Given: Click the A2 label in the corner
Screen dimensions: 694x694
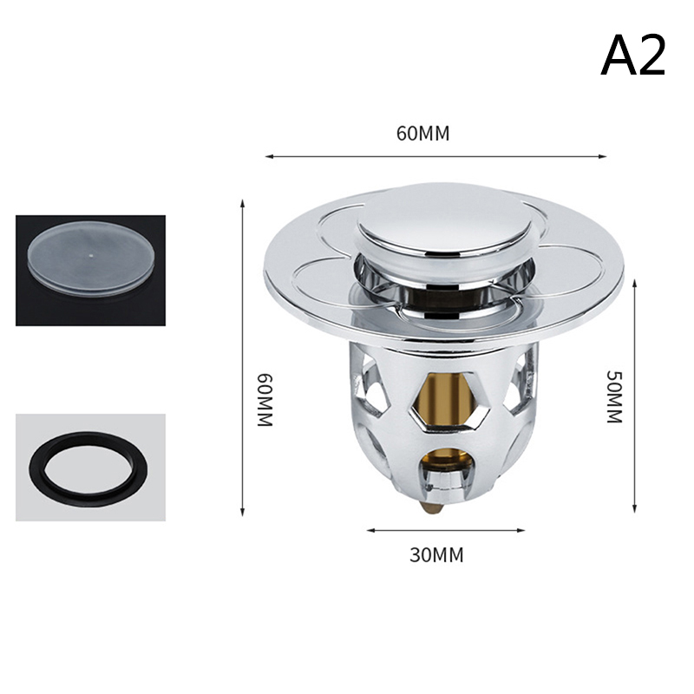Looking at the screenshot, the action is tap(633, 56).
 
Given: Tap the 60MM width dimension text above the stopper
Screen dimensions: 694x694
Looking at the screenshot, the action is tap(422, 134).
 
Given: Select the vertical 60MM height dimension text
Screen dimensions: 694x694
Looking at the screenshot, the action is tap(265, 400).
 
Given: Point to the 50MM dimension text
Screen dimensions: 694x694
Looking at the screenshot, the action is tap(614, 396).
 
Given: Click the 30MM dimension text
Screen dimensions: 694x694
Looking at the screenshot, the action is tap(436, 554).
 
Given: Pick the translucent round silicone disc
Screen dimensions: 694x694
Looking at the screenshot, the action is tap(90, 262).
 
